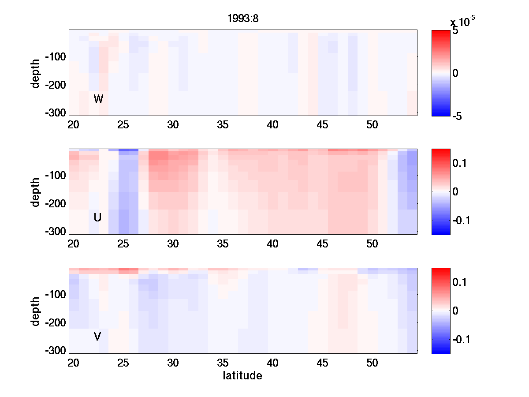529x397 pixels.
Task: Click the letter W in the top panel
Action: pos(98,99)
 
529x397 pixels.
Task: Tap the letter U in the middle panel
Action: pos(98,217)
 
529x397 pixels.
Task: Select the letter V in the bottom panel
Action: pos(97,337)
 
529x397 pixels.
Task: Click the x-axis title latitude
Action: pos(242,376)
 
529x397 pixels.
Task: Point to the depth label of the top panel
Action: pos(36,73)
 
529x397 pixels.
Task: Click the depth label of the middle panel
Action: pos(36,192)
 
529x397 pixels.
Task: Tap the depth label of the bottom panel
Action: pos(36,311)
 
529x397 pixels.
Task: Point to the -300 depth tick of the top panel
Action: pos(55,112)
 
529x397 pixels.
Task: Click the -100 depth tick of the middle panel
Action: pos(55,176)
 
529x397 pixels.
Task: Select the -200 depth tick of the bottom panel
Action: pos(55,323)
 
